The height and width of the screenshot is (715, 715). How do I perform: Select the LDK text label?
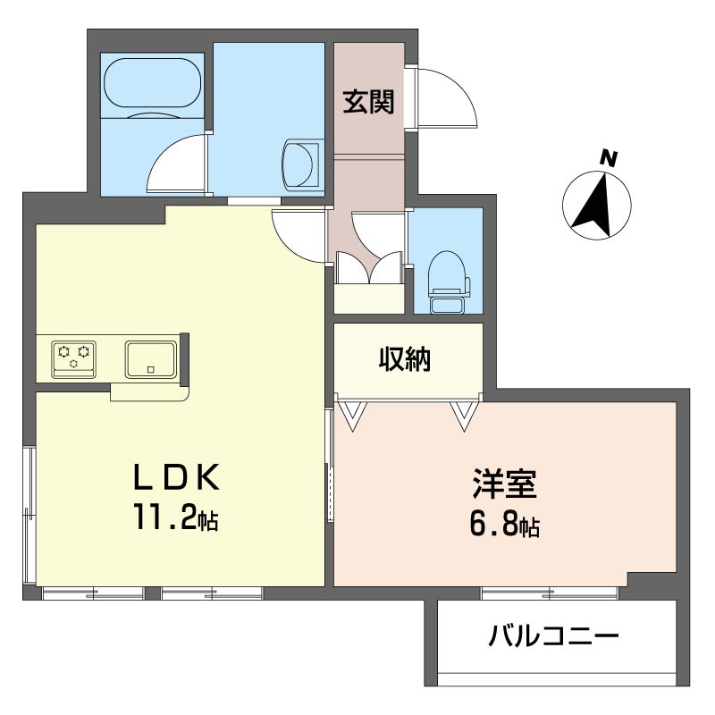(x=176, y=478)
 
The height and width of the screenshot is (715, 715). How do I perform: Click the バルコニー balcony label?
(x=553, y=637)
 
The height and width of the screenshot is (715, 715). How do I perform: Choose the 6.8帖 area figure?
(x=504, y=525)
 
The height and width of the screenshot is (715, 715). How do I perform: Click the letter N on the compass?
(x=609, y=159)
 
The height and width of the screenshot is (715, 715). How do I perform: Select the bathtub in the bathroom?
(x=151, y=87)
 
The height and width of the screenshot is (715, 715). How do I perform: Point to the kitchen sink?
(x=150, y=357)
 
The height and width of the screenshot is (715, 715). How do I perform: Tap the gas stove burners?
(x=73, y=357)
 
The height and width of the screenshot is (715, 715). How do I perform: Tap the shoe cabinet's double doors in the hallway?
(x=370, y=266)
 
